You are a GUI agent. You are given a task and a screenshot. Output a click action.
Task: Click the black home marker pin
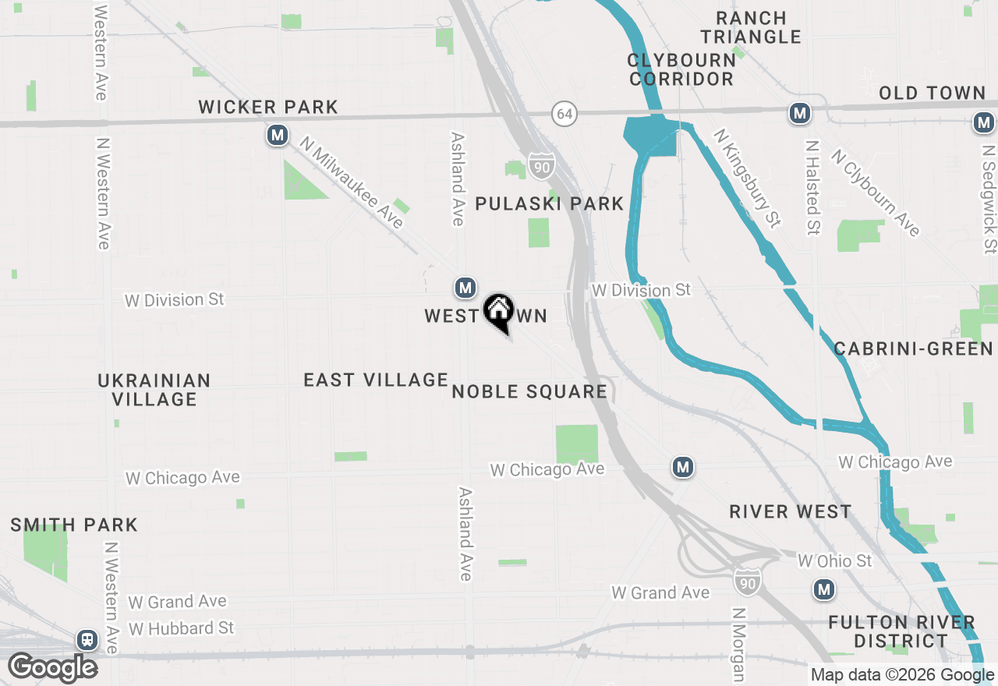pyautogui.click(x=498, y=313)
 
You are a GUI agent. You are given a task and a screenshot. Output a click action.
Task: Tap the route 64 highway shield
pyautogui.click(x=564, y=114)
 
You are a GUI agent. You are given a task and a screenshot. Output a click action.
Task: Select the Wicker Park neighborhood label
pyautogui.click(x=268, y=107)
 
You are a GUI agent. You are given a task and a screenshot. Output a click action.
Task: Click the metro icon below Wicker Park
pyautogui.click(x=277, y=136)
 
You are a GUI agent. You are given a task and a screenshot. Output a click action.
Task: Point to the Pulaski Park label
pyautogui.click(x=550, y=204)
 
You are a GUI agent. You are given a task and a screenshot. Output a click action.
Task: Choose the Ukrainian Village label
pyautogui.click(x=154, y=390)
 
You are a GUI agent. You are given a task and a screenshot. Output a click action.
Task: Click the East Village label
pyautogui.click(x=376, y=380)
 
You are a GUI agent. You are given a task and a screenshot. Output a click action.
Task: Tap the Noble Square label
pyautogui.click(x=529, y=391)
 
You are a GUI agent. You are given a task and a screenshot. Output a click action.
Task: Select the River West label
pyautogui.click(x=790, y=511)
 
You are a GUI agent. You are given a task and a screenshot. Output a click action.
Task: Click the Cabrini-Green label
pyautogui.click(x=914, y=348)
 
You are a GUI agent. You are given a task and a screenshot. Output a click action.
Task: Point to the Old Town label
pyautogui.click(x=933, y=94)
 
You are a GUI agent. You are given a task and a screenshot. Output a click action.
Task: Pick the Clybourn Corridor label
pyautogui.click(x=681, y=69)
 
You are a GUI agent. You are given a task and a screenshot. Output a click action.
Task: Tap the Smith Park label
pyautogui.click(x=74, y=525)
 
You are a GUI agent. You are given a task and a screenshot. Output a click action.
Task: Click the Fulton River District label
pyautogui.click(x=901, y=631)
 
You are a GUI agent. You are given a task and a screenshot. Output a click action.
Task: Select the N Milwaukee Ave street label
pyautogui.click(x=352, y=184)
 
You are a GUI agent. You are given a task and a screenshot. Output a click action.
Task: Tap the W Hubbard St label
pyautogui.click(x=181, y=628)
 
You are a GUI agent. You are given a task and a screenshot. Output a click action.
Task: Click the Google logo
pyautogui.click(x=52, y=667)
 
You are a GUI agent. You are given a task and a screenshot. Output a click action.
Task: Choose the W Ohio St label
pyautogui.click(x=835, y=561)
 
